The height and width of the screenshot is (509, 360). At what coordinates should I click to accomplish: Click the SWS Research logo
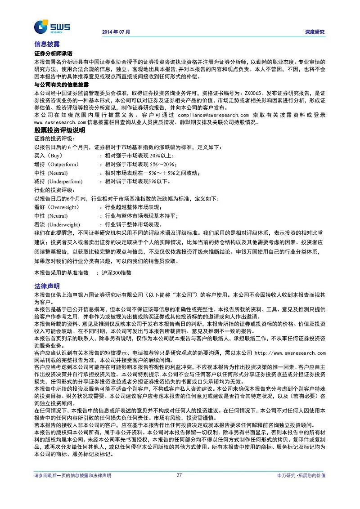[x=52, y=27]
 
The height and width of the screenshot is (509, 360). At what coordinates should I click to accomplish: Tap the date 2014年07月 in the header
[x=116, y=32]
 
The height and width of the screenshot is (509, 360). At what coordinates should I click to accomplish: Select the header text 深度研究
[x=315, y=32]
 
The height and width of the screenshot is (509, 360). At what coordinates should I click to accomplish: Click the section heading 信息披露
[x=47, y=44]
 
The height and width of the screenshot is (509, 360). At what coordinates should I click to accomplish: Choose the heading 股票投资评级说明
[x=60, y=130]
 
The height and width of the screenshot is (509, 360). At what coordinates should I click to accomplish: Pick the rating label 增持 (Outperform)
[x=56, y=164]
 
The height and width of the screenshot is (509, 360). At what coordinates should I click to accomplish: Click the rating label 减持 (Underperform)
[x=58, y=182]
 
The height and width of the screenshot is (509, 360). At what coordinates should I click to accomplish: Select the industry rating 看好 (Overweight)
[x=57, y=207]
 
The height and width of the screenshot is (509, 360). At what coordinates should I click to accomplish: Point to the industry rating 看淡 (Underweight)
[x=57, y=224]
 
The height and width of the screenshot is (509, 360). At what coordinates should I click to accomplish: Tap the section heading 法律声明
[x=47, y=286]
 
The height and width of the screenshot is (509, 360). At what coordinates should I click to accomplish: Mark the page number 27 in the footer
[x=179, y=475]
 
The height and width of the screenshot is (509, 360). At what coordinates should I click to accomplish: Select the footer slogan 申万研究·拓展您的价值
[x=301, y=475]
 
